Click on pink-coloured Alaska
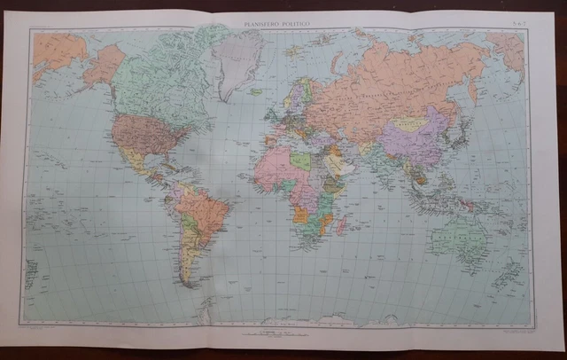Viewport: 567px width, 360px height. pyautogui.click(x=103, y=65)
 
